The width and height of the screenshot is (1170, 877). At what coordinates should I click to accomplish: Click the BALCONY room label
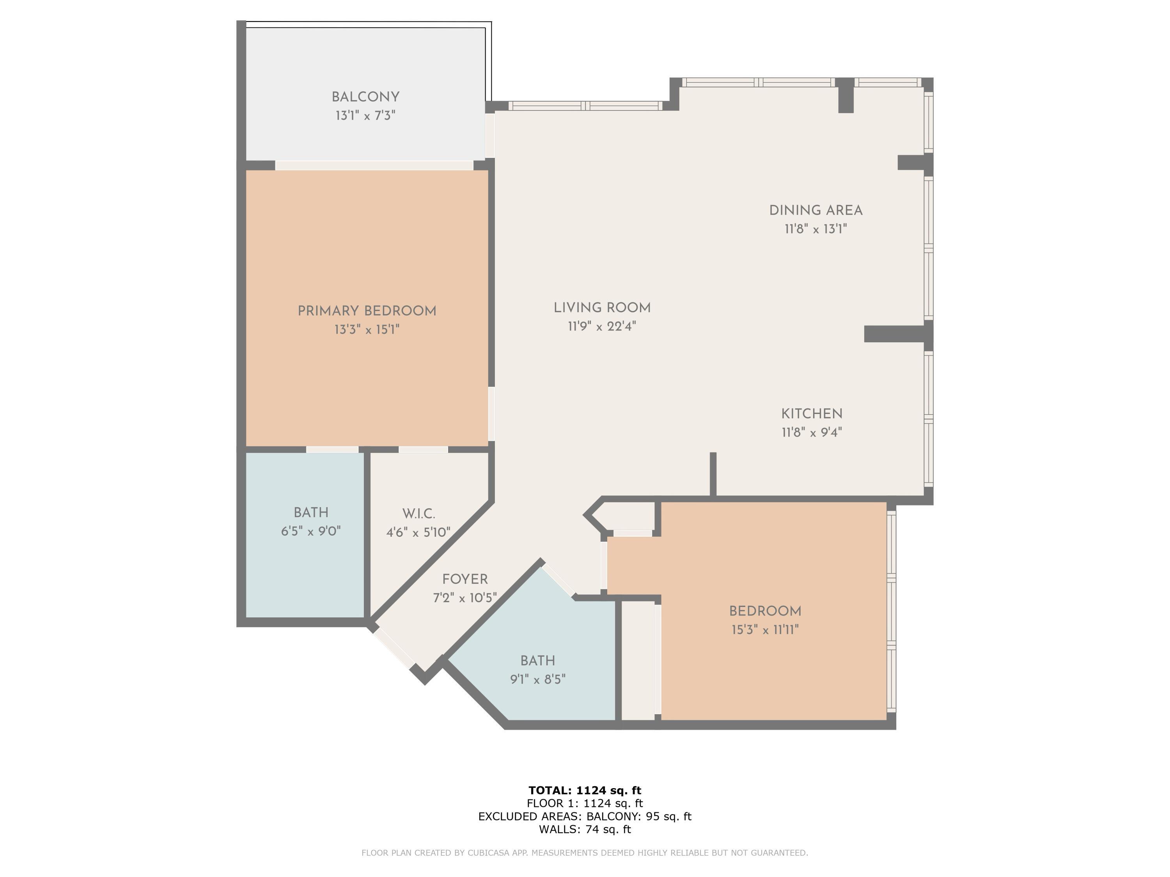pos(365,97)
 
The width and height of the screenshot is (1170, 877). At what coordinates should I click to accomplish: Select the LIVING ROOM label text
pos(602,308)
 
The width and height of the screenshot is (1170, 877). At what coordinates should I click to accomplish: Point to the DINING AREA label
pos(815,210)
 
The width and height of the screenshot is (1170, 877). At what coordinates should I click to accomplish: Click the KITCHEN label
pos(812,414)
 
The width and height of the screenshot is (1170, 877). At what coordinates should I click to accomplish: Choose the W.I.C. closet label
pos(418,514)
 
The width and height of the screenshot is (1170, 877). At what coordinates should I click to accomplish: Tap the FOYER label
pos(465,579)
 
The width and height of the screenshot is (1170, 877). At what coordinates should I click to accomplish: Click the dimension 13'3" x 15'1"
pos(367,330)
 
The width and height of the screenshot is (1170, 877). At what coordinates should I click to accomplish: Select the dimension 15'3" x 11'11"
pos(765,629)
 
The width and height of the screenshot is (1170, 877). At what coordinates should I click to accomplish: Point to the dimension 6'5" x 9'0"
pos(311,531)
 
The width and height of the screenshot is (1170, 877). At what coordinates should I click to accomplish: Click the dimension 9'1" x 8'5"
pos(538,679)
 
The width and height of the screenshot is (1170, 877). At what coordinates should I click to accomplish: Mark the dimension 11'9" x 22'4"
pos(602,326)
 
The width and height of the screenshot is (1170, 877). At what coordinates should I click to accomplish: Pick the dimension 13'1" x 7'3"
pos(365,116)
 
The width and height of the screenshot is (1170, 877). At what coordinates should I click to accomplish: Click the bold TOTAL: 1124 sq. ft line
pos(585,790)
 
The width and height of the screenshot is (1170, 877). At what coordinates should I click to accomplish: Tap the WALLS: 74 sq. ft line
pos(585,829)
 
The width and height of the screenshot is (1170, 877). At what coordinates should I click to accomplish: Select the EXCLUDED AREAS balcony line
pos(585,816)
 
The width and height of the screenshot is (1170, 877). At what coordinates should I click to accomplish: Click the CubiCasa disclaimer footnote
pos(585,853)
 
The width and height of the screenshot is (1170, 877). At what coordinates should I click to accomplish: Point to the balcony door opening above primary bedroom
pos(374,166)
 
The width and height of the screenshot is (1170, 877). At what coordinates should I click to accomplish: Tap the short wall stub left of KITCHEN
pos(713,474)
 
